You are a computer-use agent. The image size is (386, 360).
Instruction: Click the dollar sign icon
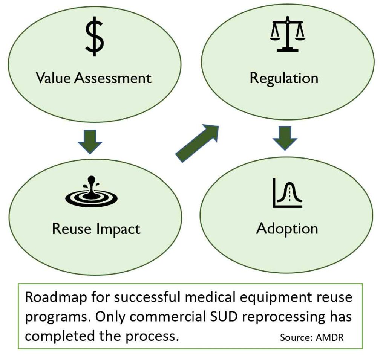(94, 38)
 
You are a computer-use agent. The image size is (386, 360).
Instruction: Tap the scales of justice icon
(287, 34)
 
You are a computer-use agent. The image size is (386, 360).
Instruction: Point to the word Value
(53, 78)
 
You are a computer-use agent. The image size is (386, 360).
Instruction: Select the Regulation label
(284, 78)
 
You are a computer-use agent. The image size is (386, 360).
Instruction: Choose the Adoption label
(287, 229)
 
